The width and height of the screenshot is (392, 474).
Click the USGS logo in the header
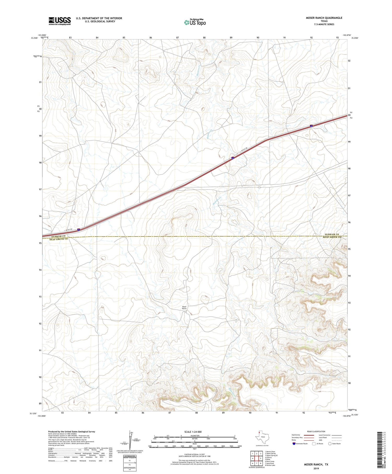60,21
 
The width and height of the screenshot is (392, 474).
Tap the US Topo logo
195,22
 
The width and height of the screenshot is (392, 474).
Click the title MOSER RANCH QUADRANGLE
324,18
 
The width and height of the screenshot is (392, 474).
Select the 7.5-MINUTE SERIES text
324,24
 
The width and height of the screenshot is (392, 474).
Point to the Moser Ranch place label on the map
184,308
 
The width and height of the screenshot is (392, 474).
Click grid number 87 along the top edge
177,38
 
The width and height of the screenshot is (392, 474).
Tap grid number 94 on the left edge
40,270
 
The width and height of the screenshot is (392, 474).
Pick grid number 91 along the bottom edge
277,413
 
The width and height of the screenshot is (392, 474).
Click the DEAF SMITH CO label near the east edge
332,237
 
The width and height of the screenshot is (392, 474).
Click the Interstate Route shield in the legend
294,443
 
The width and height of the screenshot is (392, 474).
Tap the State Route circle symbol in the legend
330,443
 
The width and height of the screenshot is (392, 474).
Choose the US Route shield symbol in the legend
314,443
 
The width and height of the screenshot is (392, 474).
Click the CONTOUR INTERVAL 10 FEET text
194,454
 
